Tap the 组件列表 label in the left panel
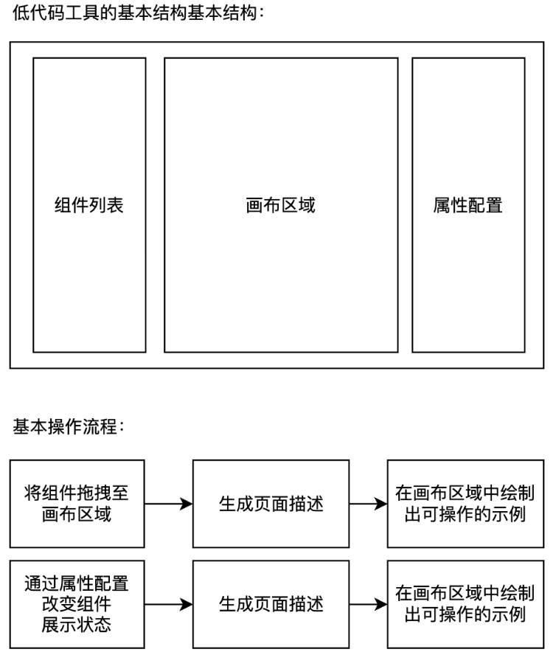89,205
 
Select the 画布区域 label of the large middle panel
280,205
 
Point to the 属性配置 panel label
468,205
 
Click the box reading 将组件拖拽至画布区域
77,504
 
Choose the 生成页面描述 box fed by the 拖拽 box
271,504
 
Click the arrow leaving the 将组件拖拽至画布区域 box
169,504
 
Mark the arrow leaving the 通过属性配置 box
169,605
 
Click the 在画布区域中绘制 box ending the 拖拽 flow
465,504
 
